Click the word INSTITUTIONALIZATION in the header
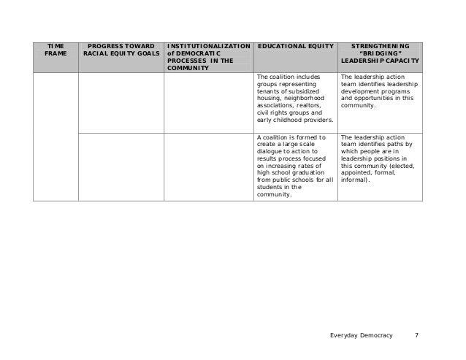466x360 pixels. (x=208, y=45)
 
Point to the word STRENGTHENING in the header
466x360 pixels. (x=380, y=45)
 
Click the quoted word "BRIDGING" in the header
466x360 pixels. (x=379, y=53)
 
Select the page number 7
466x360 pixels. (x=416, y=335)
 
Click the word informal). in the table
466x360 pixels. (x=356, y=180)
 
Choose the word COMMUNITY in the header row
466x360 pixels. (x=188, y=69)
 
